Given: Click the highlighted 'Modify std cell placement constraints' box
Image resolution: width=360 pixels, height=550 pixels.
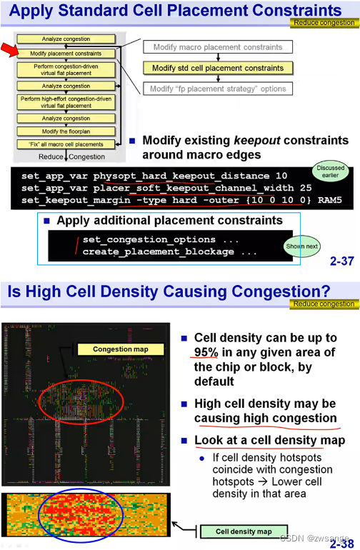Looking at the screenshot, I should pos(218,69).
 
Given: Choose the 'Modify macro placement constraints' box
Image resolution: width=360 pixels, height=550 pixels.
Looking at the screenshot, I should pos(218,47).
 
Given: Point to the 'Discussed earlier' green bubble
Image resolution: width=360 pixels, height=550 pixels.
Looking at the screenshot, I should pos(330,171).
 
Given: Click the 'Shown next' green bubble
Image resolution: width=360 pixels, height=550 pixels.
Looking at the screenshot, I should pos(302,246).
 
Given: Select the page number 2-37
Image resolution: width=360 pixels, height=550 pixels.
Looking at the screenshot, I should pos(341,262).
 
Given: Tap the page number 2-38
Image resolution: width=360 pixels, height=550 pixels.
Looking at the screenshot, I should pos(341,543).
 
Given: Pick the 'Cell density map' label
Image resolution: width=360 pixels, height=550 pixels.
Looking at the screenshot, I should pos(244,531).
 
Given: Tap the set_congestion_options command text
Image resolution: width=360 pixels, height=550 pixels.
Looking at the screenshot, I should pos(149,240).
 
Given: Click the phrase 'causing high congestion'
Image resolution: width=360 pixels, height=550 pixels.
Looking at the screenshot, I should pos(265,418).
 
